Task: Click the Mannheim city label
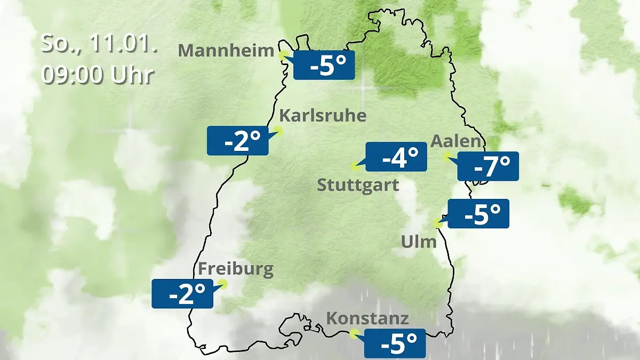pyautogui.click(x=226, y=51)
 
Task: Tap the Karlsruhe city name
pyautogui.click(x=323, y=115)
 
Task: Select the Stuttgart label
pyautogui.click(x=358, y=186)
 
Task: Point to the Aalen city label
pyautogui.click(x=456, y=141)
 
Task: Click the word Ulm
pyautogui.click(x=419, y=242)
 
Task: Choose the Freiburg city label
pyautogui.click(x=235, y=269)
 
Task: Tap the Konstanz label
pyautogui.click(x=367, y=319)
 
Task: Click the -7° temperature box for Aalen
pyautogui.click(x=488, y=166)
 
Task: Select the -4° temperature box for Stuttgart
pyautogui.click(x=396, y=157)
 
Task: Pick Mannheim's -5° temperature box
pyautogui.click(x=324, y=65)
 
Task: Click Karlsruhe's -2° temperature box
pyautogui.click(x=238, y=141)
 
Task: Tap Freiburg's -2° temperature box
pyautogui.click(x=182, y=294)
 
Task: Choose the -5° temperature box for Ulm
pyautogui.click(x=478, y=214)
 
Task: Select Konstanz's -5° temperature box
pyautogui.click(x=395, y=343)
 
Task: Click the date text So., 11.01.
pyautogui.click(x=100, y=44)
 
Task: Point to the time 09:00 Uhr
pyautogui.click(x=98, y=75)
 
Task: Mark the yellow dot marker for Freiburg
pyautogui.click(x=222, y=284)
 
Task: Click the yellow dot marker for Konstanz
pyautogui.click(x=354, y=333)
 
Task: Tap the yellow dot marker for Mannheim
pyautogui.click(x=283, y=54)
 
